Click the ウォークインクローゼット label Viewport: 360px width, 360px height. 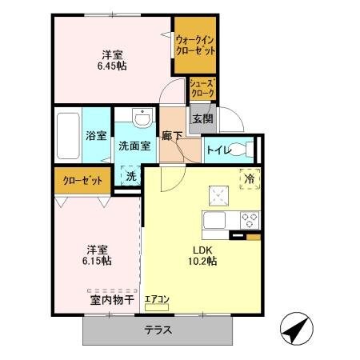194,45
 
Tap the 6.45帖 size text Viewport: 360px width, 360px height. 111,67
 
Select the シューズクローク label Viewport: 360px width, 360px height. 201,87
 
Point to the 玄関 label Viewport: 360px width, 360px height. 202,119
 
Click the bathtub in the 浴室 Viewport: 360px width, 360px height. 67,135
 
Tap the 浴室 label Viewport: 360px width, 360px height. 97,135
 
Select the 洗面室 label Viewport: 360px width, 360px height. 134,146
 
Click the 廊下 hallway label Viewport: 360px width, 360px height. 171,135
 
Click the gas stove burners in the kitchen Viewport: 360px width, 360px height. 249,218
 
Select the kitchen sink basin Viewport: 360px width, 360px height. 216,219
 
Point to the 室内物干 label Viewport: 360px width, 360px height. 106,300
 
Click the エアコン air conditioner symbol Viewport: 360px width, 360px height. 157,301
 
